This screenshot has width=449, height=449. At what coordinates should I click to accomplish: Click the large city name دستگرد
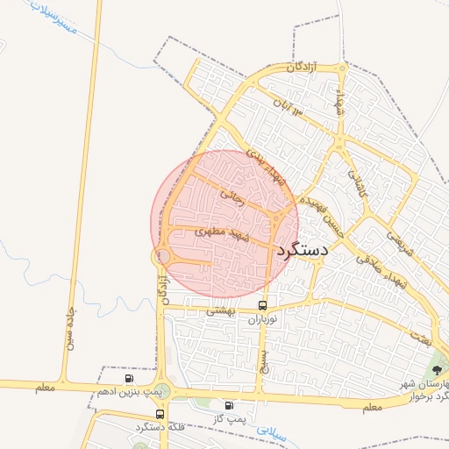pyautogui.click(x=303, y=250)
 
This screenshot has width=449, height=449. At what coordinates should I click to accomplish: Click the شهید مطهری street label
pyautogui.click(x=220, y=232)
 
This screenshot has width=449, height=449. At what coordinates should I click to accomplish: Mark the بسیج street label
pyautogui.click(x=261, y=360)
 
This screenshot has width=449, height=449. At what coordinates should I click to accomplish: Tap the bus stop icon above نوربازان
pyautogui.click(x=263, y=305)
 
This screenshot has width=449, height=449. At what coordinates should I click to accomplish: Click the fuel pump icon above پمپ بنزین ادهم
pyautogui.click(x=130, y=378)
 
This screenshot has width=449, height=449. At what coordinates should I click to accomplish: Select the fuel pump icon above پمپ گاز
pyautogui.click(x=229, y=405)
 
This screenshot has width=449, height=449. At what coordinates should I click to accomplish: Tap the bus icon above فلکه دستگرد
pyautogui.click(x=160, y=414)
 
